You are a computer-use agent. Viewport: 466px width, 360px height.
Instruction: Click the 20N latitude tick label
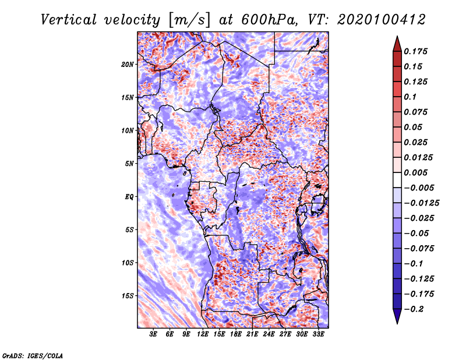click(x=128, y=65)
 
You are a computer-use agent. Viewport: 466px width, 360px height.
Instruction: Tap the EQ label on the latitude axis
click(x=129, y=197)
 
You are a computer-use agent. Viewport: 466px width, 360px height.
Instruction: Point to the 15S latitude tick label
click(x=128, y=296)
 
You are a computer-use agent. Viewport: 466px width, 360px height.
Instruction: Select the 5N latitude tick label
click(x=129, y=164)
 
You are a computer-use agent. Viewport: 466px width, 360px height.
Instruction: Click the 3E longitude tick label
click(x=153, y=334)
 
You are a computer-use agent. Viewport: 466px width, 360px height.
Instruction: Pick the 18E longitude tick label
click(x=236, y=334)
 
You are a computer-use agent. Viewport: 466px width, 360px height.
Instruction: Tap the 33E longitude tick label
click(x=318, y=334)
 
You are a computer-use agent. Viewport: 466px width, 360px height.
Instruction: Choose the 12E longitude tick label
click(x=203, y=334)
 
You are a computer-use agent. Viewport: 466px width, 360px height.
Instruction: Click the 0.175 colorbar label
click(x=415, y=51)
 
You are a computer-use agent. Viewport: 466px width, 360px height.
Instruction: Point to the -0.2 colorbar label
click(x=414, y=309)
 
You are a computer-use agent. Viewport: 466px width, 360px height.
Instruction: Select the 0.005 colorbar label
click(x=415, y=172)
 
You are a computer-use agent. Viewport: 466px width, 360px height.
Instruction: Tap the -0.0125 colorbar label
click(x=421, y=203)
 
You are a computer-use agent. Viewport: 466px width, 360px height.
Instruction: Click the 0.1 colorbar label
click(x=410, y=97)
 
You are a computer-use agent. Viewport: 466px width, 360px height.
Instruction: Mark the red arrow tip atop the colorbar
click(x=397, y=36)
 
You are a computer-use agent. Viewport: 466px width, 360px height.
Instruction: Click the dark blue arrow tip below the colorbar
click(x=397, y=323)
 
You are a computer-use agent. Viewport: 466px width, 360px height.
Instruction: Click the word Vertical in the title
click(x=69, y=20)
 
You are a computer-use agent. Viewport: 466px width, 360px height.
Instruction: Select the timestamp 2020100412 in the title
click(x=382, y=20)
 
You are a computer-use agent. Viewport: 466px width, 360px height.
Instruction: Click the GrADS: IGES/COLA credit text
click(x=33, y=356)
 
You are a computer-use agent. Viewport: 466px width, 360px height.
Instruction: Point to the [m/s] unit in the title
click(x=189, y=20)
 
